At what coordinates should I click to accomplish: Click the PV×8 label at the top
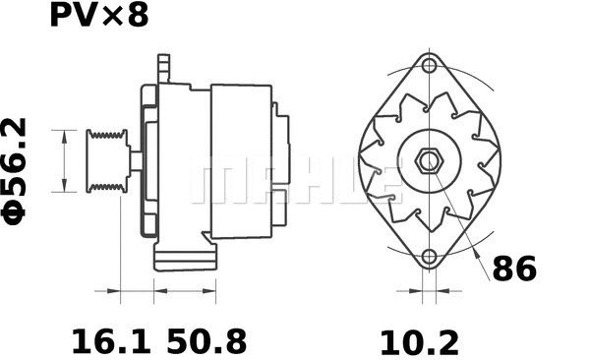(98, 17)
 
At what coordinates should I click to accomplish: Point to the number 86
(515, 268)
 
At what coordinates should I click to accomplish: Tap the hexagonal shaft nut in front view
(429, 161)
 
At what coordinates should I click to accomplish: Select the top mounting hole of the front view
(429, 67)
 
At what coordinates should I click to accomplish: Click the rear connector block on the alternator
(282, 148)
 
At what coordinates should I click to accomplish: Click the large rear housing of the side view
(241, 159)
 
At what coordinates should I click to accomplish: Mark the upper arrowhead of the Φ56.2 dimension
(65, 134)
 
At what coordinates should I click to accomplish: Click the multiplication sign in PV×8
(115, 18)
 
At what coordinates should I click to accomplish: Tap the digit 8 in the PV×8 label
(138, 17)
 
